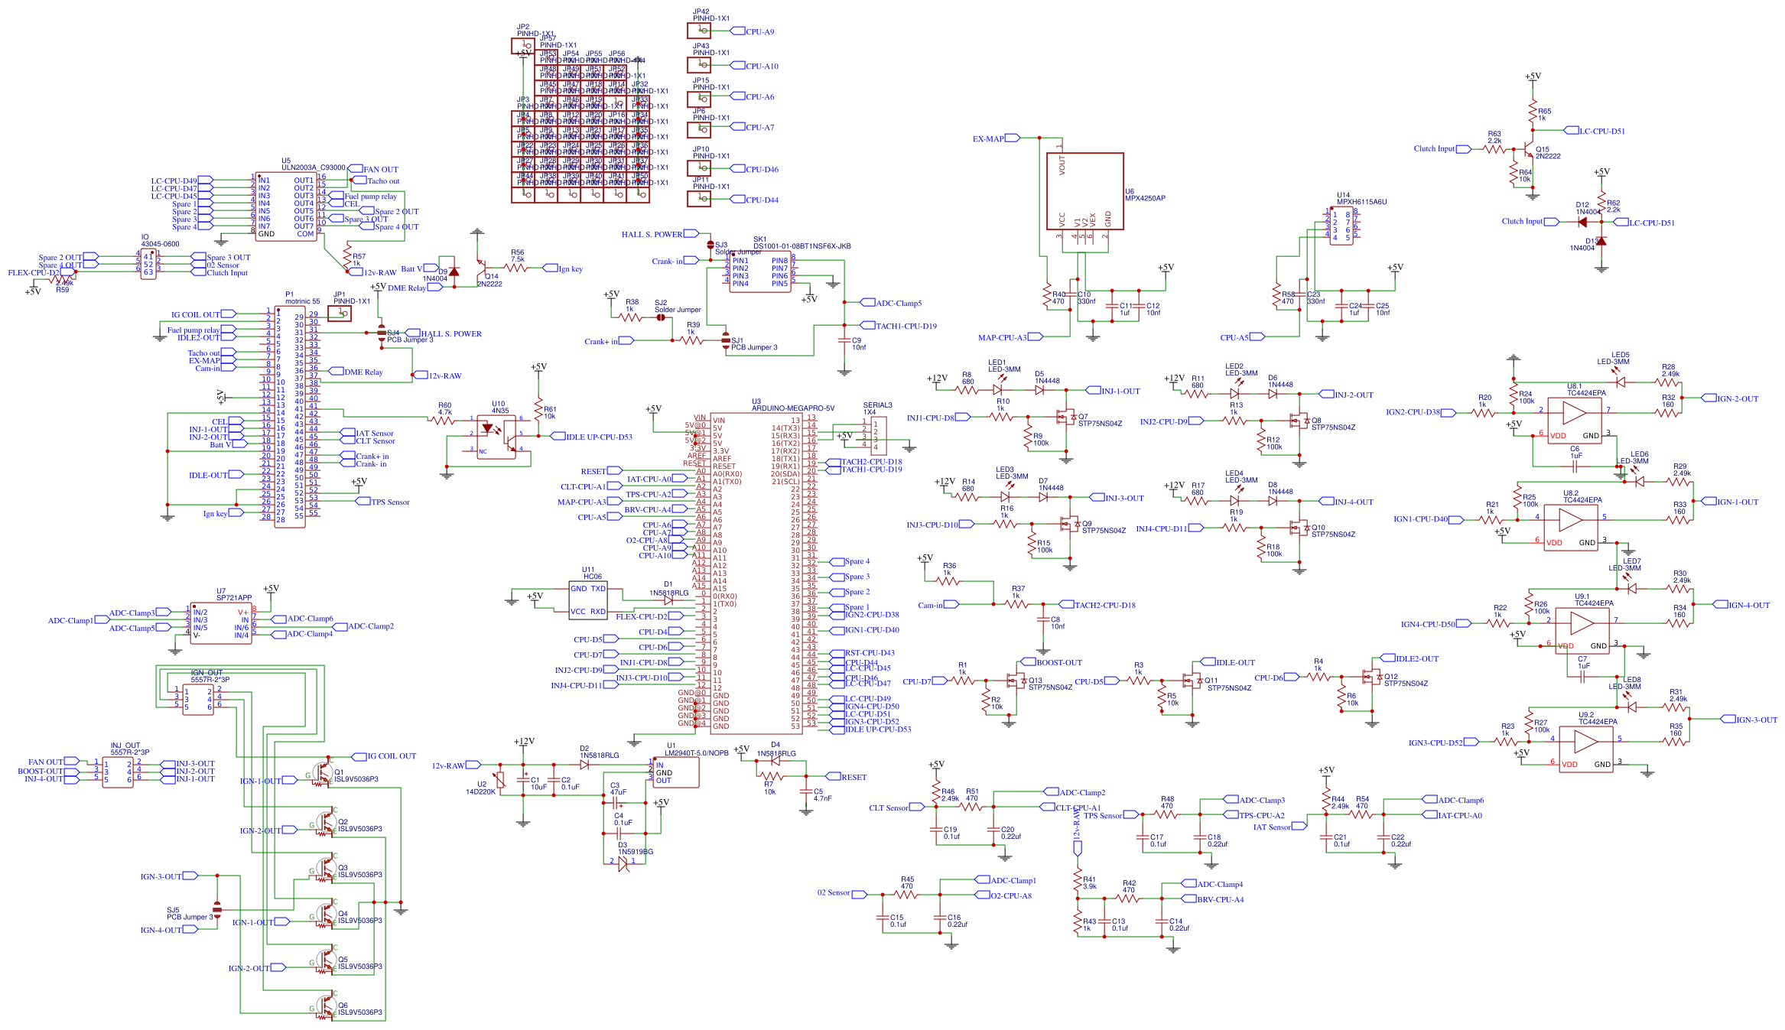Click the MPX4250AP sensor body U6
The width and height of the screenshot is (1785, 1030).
1084,191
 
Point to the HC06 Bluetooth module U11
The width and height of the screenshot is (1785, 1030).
588,599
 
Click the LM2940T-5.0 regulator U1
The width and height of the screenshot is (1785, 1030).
676,772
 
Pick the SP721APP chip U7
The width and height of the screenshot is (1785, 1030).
220,622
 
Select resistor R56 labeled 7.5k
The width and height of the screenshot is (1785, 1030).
518,268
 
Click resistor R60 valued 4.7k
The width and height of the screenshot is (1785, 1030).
444,420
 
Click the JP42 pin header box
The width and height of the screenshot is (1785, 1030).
699,31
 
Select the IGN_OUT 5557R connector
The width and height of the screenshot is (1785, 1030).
197,700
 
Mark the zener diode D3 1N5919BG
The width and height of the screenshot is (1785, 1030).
623,862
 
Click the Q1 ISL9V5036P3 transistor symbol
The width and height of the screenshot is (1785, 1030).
324,772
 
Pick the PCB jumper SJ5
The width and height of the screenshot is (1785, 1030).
216,910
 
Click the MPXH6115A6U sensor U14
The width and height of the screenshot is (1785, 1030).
1341,226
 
